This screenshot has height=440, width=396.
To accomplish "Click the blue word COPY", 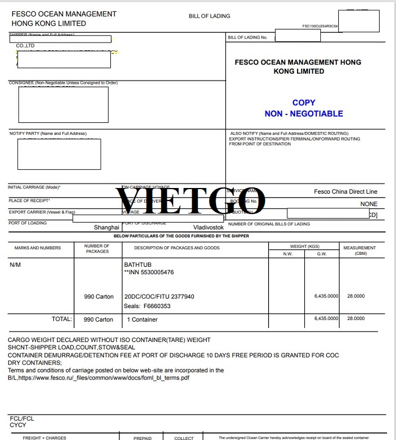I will tap(304, 102).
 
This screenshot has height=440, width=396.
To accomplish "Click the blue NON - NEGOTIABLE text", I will tap(304, 113).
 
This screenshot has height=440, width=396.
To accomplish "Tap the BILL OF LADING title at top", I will tap(209, 16).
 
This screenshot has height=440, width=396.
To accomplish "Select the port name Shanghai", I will tap(106, 227).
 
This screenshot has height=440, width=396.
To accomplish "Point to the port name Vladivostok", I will tap(209, 227).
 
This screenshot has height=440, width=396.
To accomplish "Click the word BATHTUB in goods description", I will tap(137, 264).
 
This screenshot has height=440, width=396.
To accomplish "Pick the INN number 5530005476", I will tap(149, 272).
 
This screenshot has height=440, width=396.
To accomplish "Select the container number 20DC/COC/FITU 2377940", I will tap(159, 297).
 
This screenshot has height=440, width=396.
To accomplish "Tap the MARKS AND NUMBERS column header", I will tap(38, 248).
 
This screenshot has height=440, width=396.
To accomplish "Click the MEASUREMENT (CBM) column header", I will tap(359, 250).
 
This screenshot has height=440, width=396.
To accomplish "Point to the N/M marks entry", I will tap(15, 265).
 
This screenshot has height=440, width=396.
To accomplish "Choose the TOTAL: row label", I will tap(62, 319).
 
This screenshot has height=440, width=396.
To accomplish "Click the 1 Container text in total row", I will tap(142, 319).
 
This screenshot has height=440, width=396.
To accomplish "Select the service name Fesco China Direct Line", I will tap(345, 192).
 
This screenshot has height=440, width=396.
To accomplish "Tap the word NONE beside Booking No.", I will tap(368, 204).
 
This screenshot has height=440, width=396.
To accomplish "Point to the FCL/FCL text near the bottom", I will tap(21, 419).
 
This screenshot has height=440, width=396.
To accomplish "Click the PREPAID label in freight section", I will tap(143, 438).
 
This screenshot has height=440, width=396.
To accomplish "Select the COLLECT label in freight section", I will tap(184, 438).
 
